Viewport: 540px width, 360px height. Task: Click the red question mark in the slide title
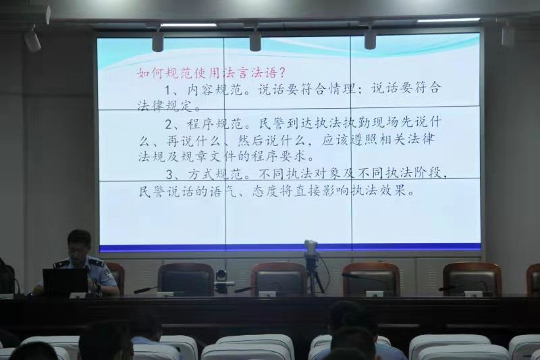(281, 73)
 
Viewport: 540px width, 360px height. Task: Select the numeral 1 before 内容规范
(169, 91)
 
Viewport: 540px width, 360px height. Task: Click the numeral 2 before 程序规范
(169, 124)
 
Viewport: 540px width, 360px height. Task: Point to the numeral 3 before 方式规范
(169, 175)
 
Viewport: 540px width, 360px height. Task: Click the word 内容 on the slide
(201, 90)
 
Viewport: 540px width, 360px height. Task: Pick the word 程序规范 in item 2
(215, 124)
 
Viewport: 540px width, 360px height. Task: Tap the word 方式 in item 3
(202, 174)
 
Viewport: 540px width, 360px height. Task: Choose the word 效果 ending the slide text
(393, 190)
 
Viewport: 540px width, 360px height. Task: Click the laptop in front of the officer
(65, 282)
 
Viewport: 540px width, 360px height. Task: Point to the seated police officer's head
(80, 244)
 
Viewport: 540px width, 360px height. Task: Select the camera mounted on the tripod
(310, 247)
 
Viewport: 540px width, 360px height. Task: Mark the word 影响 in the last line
(335, 190)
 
